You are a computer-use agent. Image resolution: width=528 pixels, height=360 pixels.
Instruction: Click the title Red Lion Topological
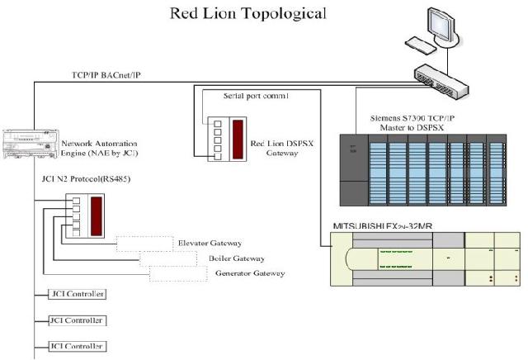pyautogui.click(x=247, y=13)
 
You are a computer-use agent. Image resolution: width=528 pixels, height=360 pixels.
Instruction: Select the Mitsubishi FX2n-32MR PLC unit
pyautogui.click(x=424, y=261)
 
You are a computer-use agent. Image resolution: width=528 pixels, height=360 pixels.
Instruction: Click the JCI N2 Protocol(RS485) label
pyautogui.click(x=86, y=178)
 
